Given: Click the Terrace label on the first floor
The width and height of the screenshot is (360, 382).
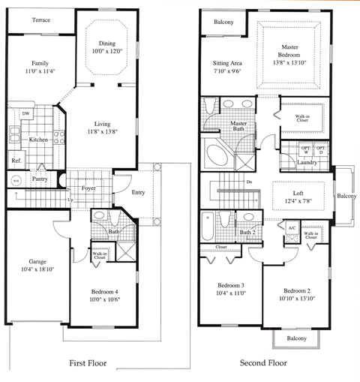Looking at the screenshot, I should tap(40, 20).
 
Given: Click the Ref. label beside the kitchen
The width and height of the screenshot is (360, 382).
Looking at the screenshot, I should tap(16, 161).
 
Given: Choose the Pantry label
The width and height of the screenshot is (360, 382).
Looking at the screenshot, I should tap(40, 179).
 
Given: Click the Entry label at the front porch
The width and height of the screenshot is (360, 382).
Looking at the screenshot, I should tap(139, 192).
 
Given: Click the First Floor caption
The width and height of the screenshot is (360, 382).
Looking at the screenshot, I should tap(88, 363).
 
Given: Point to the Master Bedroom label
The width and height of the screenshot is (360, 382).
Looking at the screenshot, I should tap(292, 52).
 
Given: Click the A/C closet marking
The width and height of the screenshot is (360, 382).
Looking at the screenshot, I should tap(292, 227).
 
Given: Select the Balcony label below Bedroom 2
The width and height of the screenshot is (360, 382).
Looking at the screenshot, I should tap(297, 338).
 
